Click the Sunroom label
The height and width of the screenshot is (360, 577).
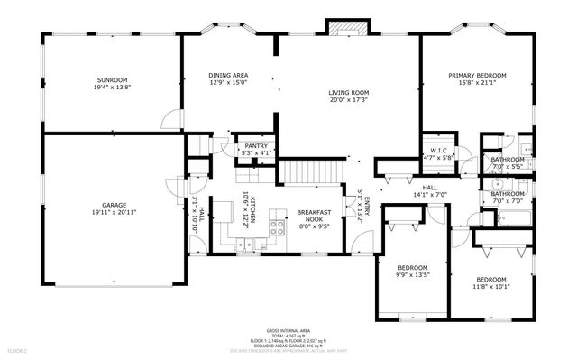(x=113, y=81)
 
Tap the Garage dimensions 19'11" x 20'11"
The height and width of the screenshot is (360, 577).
(x=113, y=213)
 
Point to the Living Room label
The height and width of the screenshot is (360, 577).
(x=350, y=92)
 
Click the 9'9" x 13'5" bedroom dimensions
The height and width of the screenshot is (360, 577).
(x=416, y=274)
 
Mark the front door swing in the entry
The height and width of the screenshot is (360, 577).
(x=361, y=241)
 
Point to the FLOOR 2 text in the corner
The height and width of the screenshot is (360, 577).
(x=17, y=349)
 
